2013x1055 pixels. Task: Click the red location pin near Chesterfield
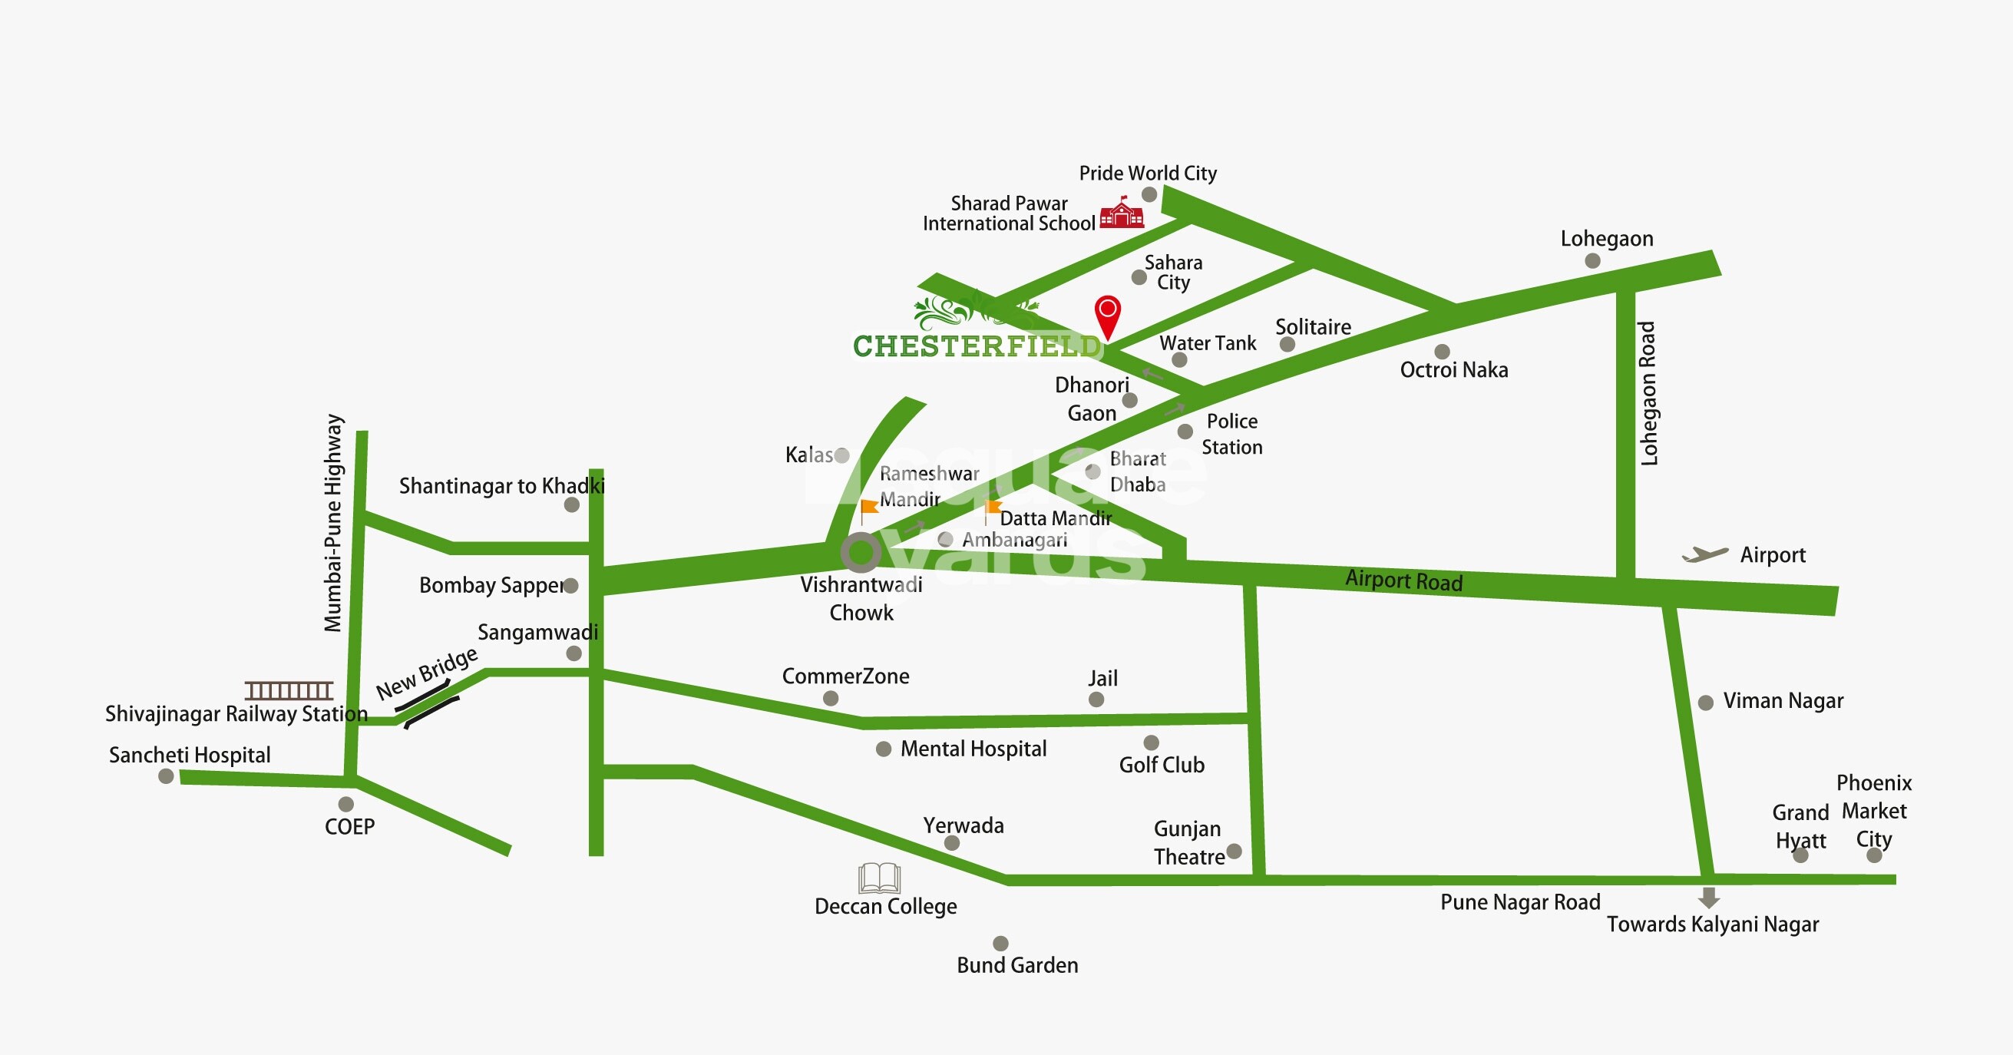(x=1107, y=315)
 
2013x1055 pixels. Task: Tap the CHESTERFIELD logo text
(x=977, y=346)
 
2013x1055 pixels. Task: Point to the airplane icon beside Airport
(x=1704, y=555)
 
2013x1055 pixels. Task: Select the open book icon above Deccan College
(x=879, y=878)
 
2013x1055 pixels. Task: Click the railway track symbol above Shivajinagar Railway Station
(x=289, y=690)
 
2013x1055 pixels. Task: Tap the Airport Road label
(x=1403, y=580)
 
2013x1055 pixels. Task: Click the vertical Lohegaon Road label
(x=1648, y=393)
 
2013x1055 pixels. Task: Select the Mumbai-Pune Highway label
(x=334, y=522)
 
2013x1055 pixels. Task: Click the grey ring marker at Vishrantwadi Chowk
(x=861, y=552)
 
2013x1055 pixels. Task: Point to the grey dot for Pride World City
(x=1149, y=193)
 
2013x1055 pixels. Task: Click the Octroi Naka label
(x=1453, y=369)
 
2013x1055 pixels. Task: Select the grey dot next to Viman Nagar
(x=1706, y=703)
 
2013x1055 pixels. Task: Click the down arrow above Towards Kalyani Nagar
(x=1709, y=897)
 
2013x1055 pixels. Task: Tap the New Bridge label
(x=427, y=673)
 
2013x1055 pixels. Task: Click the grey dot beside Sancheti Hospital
(x=166, y=776)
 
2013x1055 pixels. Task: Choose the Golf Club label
(x=1162, y=765)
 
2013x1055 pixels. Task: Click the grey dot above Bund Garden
(x=1000, y=943)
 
